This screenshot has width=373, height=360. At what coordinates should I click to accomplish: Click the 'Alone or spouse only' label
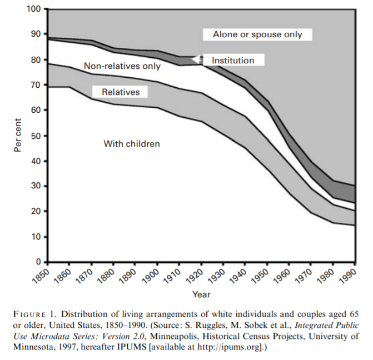[x=257, y=34]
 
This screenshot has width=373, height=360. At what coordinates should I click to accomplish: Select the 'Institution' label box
[x=233, y=60]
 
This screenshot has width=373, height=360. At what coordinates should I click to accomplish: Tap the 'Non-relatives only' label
[x=122, y=66]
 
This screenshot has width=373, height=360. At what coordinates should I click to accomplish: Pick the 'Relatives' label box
[x=120, y=92]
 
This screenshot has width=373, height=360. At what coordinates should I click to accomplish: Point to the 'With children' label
[x=132, y=144]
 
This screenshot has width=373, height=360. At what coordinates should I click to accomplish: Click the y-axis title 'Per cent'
[x=18, y=134]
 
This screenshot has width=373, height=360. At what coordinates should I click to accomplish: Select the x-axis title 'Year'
[x=201, y=294]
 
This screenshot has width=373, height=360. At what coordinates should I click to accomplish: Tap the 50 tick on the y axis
[x=36, y=136]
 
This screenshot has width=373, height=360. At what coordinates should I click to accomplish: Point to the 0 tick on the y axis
[x=38, y=262]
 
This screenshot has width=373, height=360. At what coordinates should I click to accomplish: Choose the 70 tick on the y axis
[x=36, y=85]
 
